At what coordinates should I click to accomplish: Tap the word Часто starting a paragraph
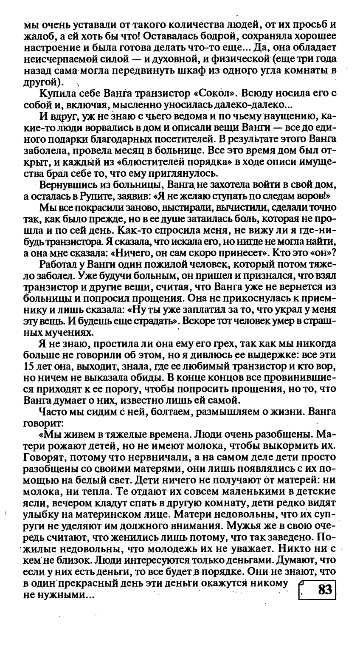[x=51, y=412]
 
